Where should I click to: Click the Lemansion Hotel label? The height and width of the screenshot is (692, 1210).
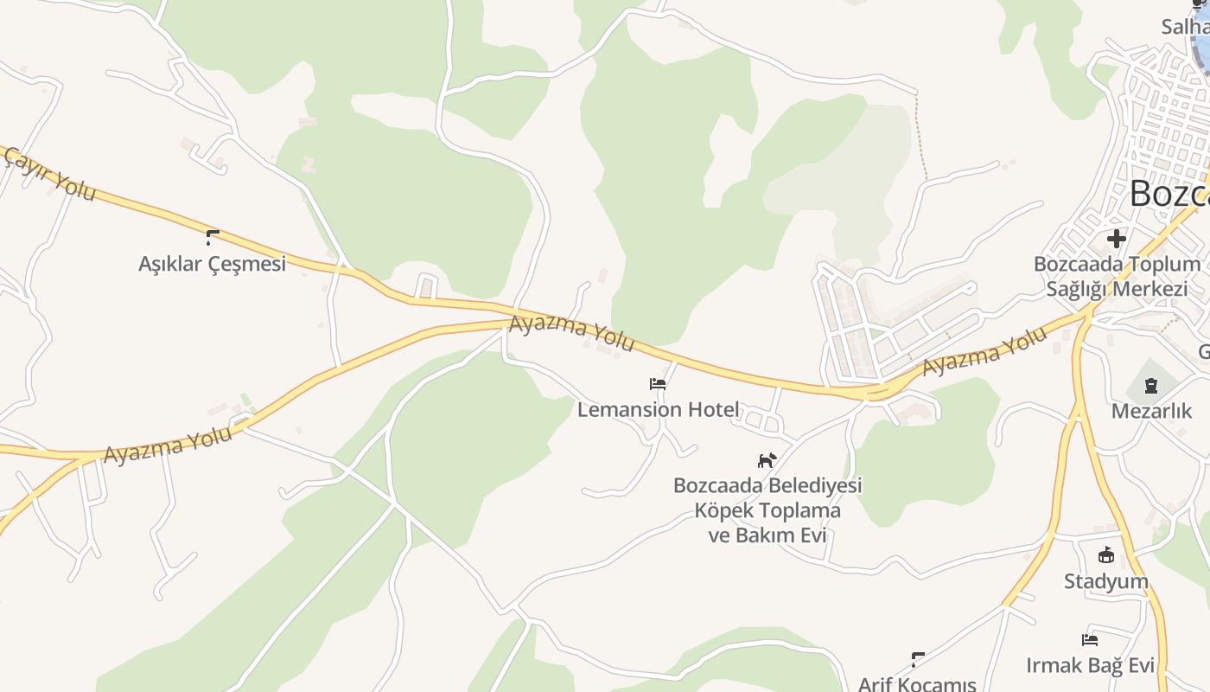[659, 409]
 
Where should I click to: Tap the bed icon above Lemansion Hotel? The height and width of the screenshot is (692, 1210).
[658, 384]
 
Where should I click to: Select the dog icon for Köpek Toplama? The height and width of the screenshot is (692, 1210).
[767, 460]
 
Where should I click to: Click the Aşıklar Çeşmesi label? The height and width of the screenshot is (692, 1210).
[212, 264]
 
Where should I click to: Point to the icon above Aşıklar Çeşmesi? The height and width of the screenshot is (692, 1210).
[213, 237]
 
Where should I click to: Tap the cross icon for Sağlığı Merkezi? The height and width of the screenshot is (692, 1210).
[1117, 238]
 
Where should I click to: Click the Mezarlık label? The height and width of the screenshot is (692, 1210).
[1151, 411]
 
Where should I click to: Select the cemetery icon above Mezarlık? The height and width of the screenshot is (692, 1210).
[1151, 386]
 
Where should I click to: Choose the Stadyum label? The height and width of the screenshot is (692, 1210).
[1106, 581]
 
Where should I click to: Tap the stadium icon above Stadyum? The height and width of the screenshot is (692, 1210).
[1106, 555]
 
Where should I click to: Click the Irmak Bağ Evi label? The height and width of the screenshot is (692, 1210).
[1091, 665]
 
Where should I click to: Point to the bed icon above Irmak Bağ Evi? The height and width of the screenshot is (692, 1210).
[1090, 640]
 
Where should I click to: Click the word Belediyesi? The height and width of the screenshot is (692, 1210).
[818, 485]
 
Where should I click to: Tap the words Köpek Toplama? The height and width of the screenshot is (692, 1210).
[767, 510]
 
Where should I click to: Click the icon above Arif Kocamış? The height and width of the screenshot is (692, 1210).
[918, 660]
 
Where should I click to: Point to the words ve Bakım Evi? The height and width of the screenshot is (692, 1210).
[767, 535]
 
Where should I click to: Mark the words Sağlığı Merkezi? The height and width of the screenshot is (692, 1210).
[1117, 289]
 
